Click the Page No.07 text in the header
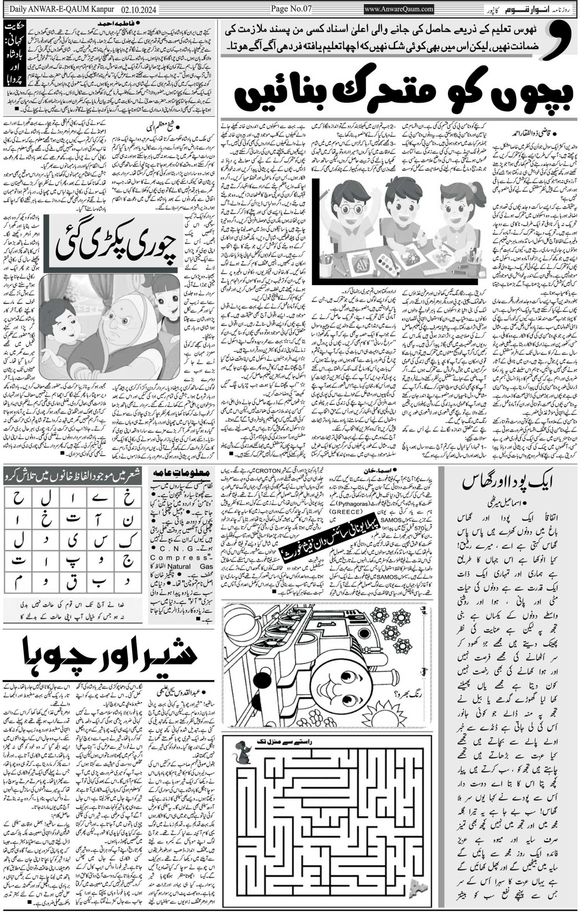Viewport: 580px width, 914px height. point(291,9)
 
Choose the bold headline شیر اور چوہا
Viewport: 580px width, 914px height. point(110,653)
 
